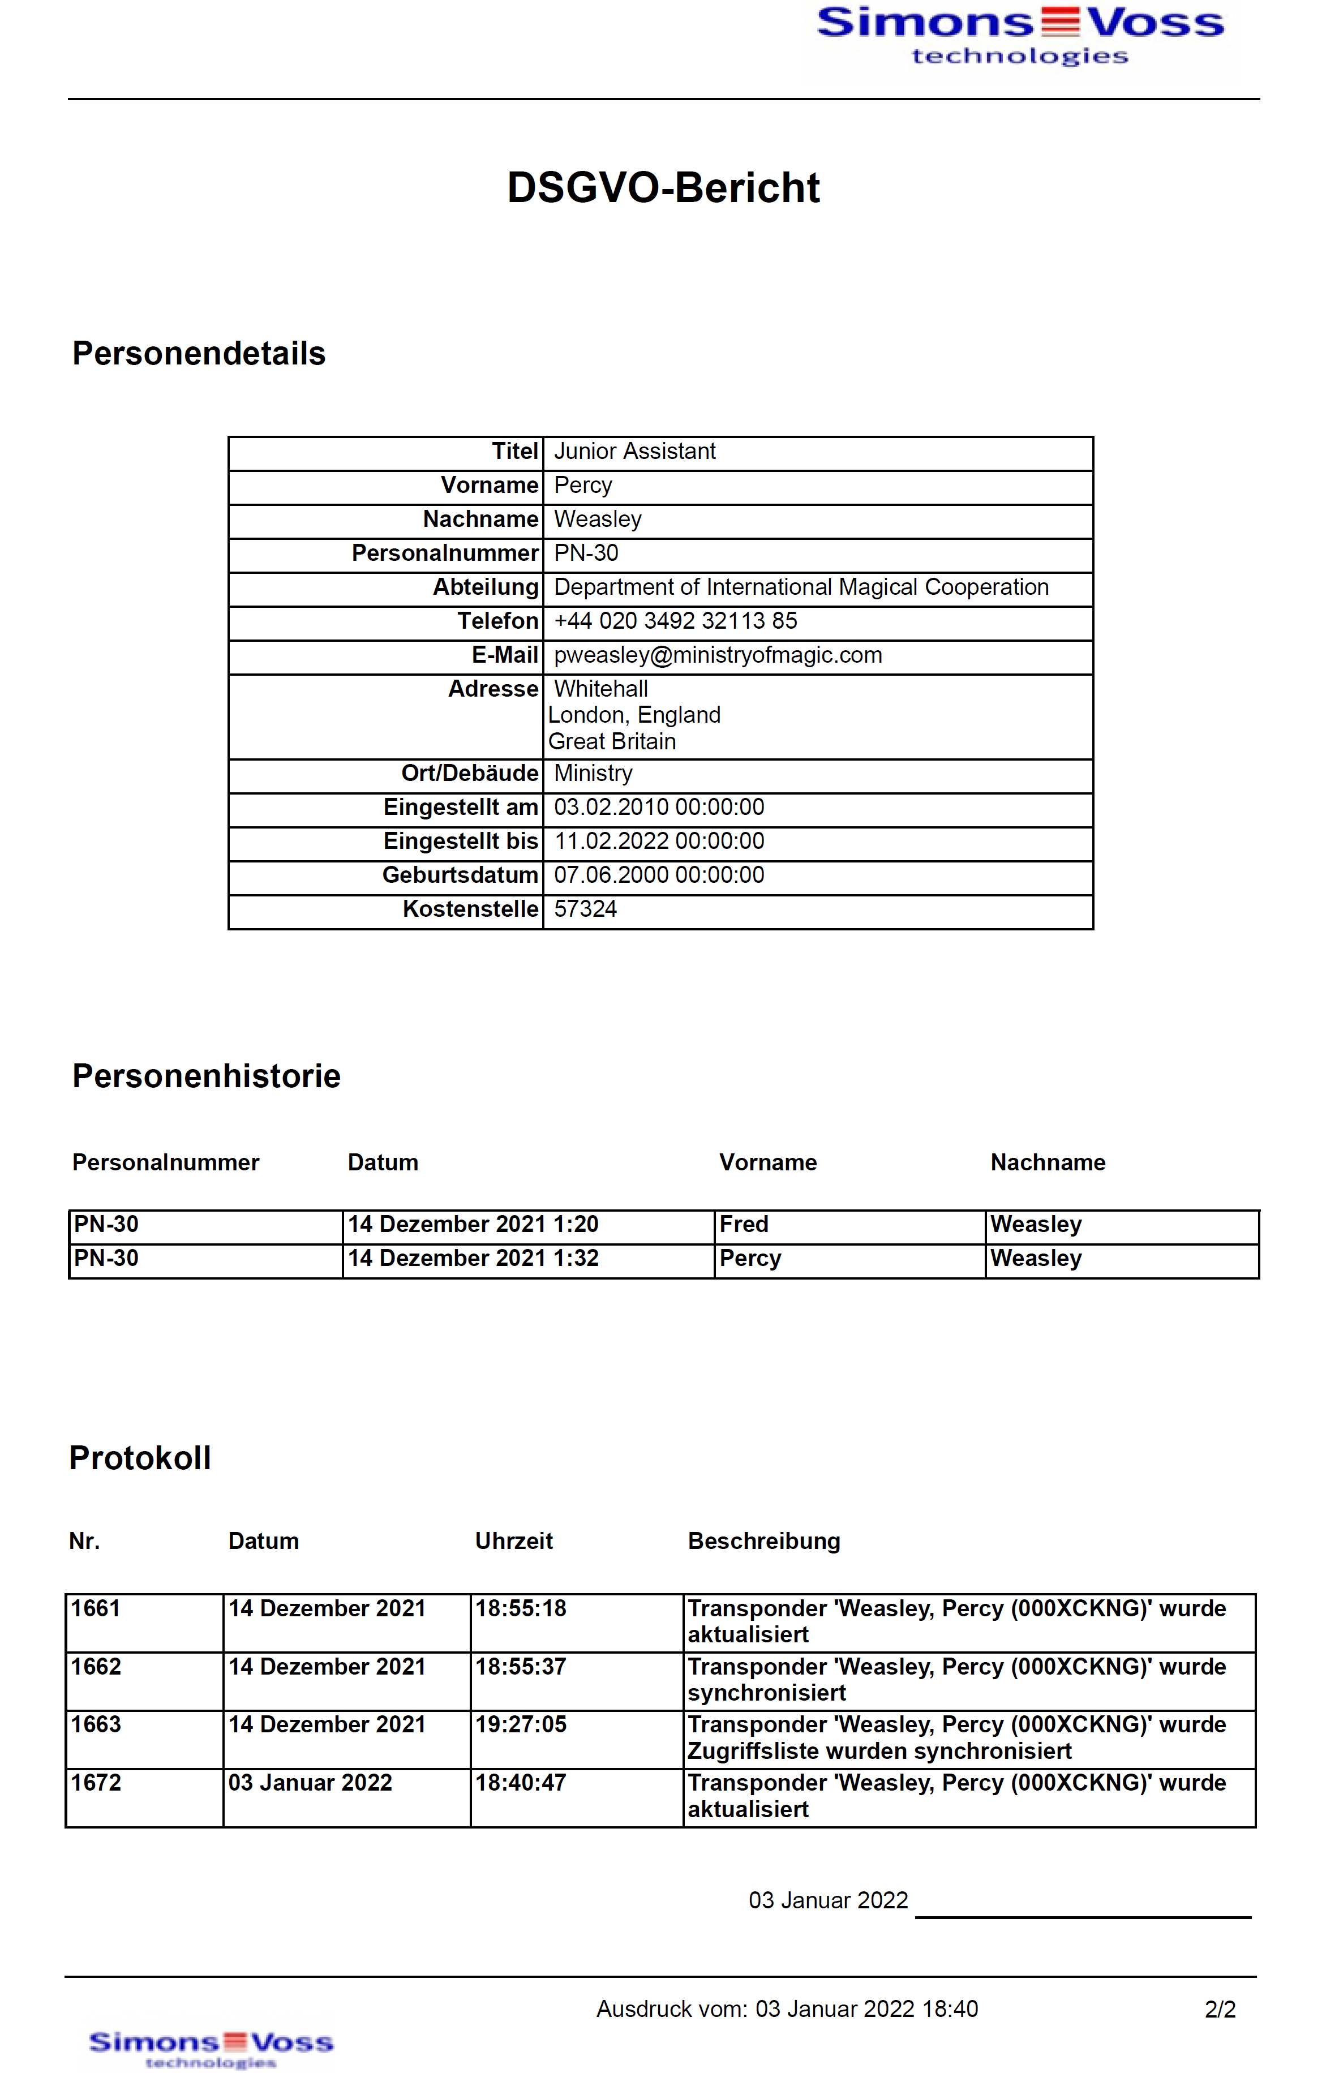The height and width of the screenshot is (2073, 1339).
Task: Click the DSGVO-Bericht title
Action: pyautogui.click(x=663, y=188)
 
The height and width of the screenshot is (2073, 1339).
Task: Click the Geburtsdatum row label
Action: pyautogui.click(x=460, y=875)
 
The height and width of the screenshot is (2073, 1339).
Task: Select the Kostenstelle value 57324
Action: pyautogui.click(x=585, y=909)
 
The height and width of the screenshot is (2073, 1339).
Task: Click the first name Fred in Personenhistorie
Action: pyautogui.click(x=744, y=1224)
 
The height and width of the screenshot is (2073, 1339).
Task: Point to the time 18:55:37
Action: pyautogui.click(x=520, y=1666)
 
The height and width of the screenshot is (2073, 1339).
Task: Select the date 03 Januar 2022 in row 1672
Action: pyautogui.click(x=310, y=1783)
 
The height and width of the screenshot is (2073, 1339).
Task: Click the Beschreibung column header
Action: pyautogui.click(x=763, y=1541)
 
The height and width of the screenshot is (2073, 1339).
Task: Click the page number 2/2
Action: pyautogui.click(x=1219, y=2010)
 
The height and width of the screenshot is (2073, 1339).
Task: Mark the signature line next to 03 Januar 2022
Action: pyautogui.click(x=1083, y=1916)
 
